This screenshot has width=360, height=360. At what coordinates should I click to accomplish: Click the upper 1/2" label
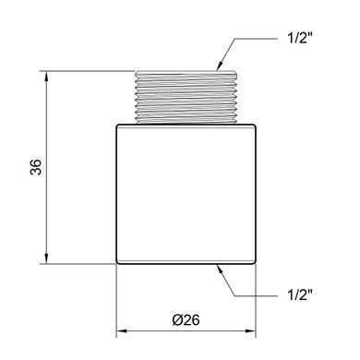298,39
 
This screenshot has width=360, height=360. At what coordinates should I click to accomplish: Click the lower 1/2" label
298,295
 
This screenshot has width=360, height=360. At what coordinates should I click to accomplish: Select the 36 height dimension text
36,167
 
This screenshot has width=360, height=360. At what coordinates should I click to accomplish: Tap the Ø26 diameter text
186,320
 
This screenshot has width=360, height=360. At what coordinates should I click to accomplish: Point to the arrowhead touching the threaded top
220,66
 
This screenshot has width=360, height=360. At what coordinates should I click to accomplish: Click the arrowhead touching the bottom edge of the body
221,270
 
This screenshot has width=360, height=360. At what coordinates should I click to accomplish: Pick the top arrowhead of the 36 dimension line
46,77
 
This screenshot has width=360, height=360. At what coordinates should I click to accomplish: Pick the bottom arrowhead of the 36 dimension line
46,258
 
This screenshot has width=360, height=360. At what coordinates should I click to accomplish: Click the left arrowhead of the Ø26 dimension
122,331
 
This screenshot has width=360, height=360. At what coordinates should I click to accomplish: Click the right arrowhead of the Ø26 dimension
250,331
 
